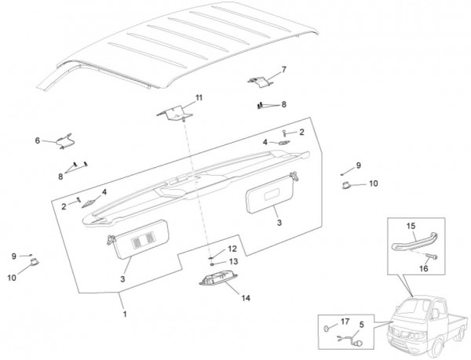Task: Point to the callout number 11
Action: (199, 97)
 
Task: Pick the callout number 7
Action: (283, 70)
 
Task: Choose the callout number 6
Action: (37, 140)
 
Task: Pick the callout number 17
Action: (345, 321)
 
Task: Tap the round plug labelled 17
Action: (326, 325)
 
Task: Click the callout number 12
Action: (232, 249)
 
